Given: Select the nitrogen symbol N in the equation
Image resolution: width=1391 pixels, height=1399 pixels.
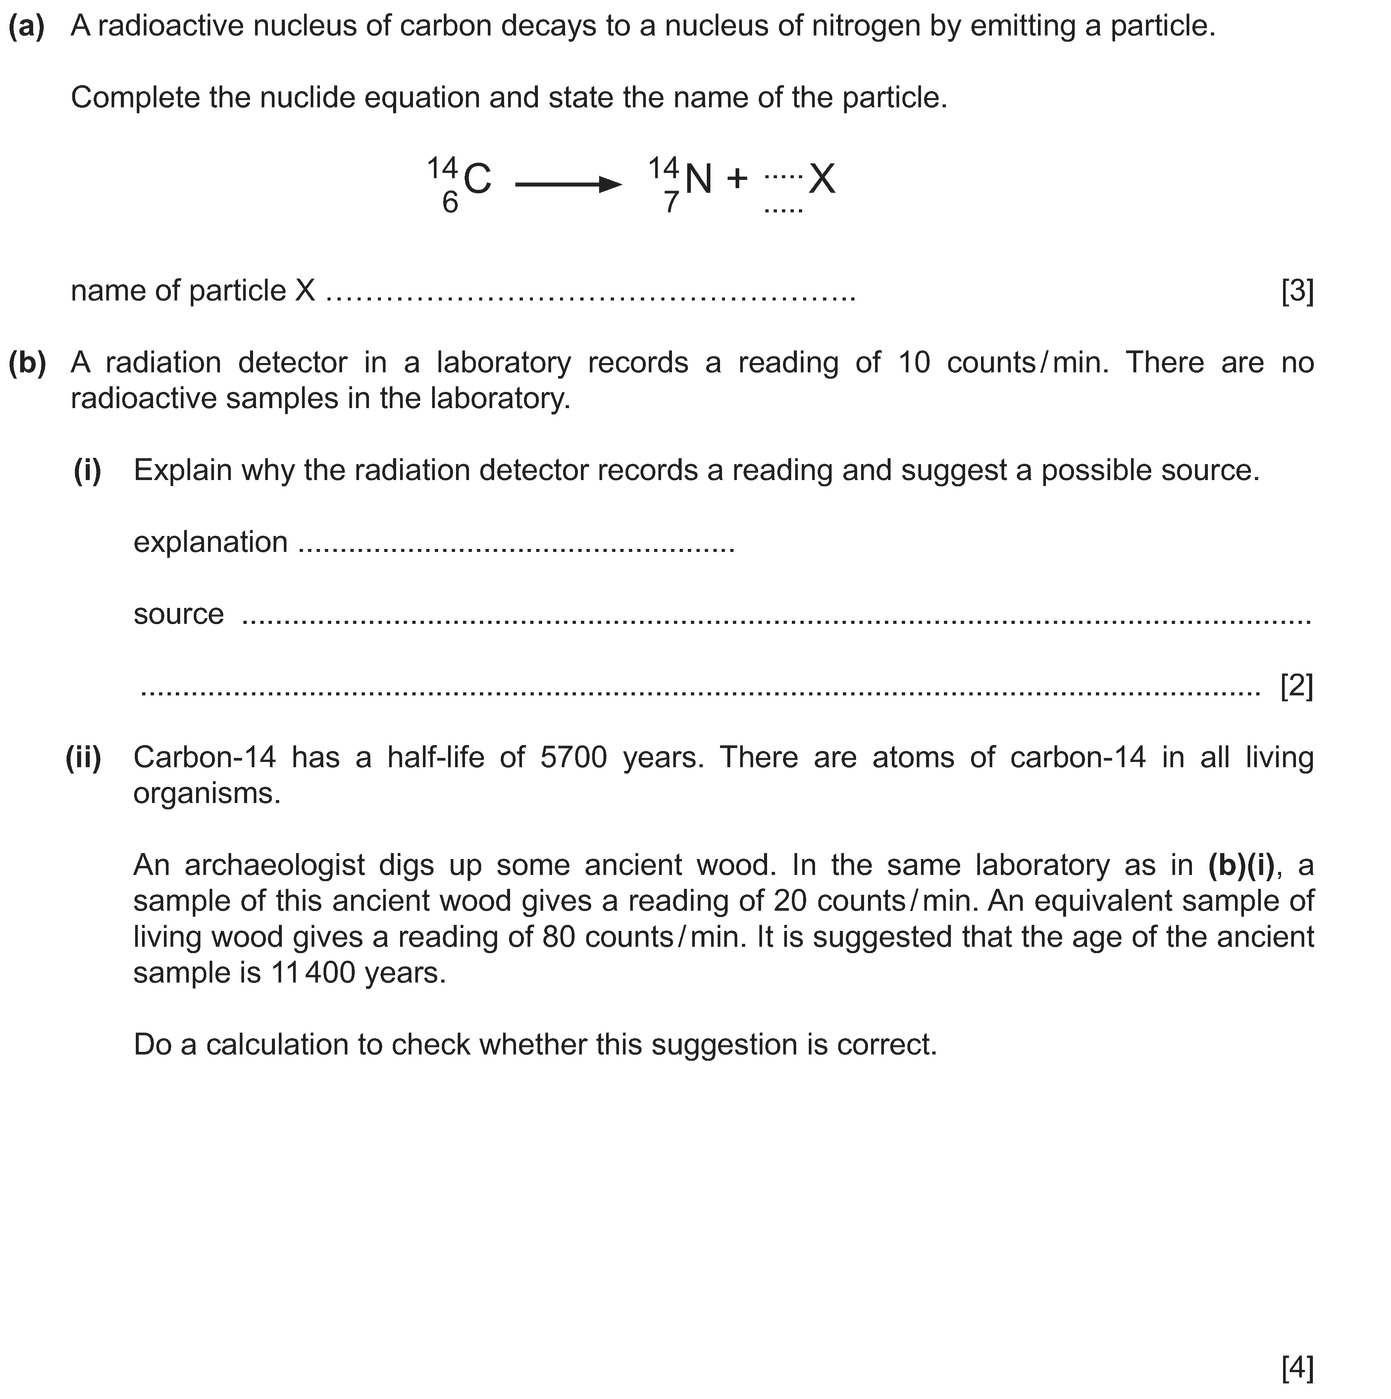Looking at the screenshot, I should pyautogui.click(x=698, y=179).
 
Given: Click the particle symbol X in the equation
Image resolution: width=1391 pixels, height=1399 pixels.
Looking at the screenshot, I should pyautogui.click(x=822, y=179).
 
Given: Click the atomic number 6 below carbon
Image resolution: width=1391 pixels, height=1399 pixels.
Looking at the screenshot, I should pyautogui.click(x=450, y=203).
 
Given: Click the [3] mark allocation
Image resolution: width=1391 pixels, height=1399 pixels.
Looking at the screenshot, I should pyautogui.click(x=1297, y=291).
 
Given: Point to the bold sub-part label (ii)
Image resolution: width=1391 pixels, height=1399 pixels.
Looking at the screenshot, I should pyautogui.click(x=83, y=757).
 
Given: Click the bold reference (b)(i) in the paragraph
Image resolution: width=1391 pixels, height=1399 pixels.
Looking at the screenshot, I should pyautogui.click(x=1241, y=865).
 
